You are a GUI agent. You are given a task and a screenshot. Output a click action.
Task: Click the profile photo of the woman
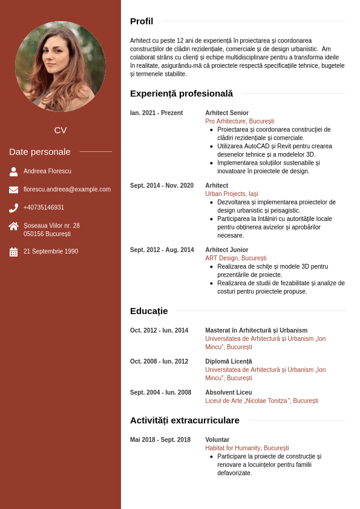pos(61,67)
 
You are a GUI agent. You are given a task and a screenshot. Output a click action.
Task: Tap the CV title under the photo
pos(61,130)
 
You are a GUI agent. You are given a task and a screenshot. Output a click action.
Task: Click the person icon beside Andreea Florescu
pos(13,171)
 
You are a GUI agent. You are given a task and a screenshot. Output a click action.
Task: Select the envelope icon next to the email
pos(13,189)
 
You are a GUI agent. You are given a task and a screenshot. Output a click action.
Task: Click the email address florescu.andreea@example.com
pos(67,189)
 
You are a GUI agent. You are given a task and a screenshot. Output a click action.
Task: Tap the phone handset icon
pos(13,208)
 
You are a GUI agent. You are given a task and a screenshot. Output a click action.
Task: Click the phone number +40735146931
pos(44,208)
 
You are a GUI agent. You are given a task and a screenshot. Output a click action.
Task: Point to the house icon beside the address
pos(13,226)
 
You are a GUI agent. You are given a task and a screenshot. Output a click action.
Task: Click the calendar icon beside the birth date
pos(13,252)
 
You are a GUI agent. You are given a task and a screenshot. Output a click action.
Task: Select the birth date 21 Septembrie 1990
pos(51,252)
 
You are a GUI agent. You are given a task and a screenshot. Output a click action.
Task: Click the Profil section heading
pos(142,21)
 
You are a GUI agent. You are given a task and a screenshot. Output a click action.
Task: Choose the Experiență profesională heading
pos(181,94)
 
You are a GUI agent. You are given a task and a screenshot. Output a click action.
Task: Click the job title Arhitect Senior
pos(227,113)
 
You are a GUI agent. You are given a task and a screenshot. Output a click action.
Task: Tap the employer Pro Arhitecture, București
pos(240,122)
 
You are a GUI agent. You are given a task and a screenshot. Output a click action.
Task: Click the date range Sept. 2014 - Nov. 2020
pos(162,186)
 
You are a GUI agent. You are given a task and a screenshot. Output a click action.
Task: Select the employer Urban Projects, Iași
pos(232,194)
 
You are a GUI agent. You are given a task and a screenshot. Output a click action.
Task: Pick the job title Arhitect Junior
pos(227,250)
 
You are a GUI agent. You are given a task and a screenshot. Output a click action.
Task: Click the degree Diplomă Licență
pos(229,361)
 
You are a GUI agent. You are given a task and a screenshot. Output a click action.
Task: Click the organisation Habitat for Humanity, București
pos(247,448)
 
